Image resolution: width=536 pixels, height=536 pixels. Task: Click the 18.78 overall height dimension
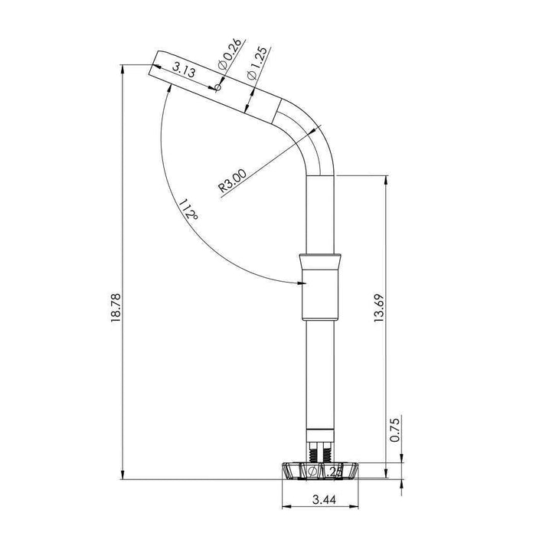coord(116,306)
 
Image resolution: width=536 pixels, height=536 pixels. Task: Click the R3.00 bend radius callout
coord(232,181)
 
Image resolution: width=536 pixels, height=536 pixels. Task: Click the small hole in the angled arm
coord(218,89)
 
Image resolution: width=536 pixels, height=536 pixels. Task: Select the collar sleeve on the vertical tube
coord(319,286)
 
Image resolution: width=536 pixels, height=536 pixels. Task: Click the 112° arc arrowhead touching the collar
coord(297,284)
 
